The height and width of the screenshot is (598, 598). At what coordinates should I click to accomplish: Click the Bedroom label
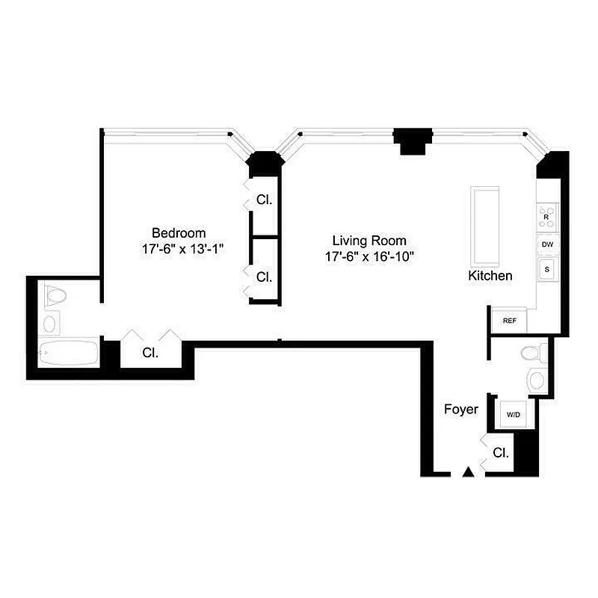pyautogui.click(x=179, y=232)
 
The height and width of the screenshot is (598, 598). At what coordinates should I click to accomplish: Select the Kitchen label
pyautogui.click(x=490, y=276)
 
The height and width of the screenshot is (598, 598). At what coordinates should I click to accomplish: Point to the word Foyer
pyautogui.click(x=460, y=409)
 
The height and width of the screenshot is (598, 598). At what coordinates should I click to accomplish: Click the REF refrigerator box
pyautogui.click(x=509, y=321)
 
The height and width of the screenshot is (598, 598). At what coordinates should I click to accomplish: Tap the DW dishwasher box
pyautogui.click(x=546, y=244)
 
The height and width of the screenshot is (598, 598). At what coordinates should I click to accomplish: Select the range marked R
pyautogui.click(x=546, y=217)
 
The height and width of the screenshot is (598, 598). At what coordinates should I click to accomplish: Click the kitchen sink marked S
pyautogui.click(x=546, y=269)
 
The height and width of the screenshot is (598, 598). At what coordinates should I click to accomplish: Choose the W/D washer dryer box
pyautogui.click(x=513, y=414)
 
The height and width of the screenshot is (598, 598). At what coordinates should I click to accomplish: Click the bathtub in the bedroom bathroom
pyautogui.click(x=69, y=353)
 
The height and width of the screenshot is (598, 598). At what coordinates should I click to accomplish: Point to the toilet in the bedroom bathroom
pyautogui.click(x=54, y=298)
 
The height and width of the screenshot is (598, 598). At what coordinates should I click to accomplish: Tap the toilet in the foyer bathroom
pyautogui.click(x=533, y=352)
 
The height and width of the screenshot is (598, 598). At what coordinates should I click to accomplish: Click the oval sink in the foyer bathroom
pyautogui.click(x=537, y=380)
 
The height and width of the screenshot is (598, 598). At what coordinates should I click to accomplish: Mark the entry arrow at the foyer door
pyautogui.click(x=468, y=472)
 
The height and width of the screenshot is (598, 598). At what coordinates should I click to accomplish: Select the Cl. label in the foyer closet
pyautogui.click(x=500, y=452)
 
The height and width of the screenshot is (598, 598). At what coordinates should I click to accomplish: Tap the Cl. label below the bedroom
pyautogui.click(x=150, y=353)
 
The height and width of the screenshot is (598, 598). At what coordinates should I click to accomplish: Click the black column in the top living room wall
pyautogui.click(x=413, y=140)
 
